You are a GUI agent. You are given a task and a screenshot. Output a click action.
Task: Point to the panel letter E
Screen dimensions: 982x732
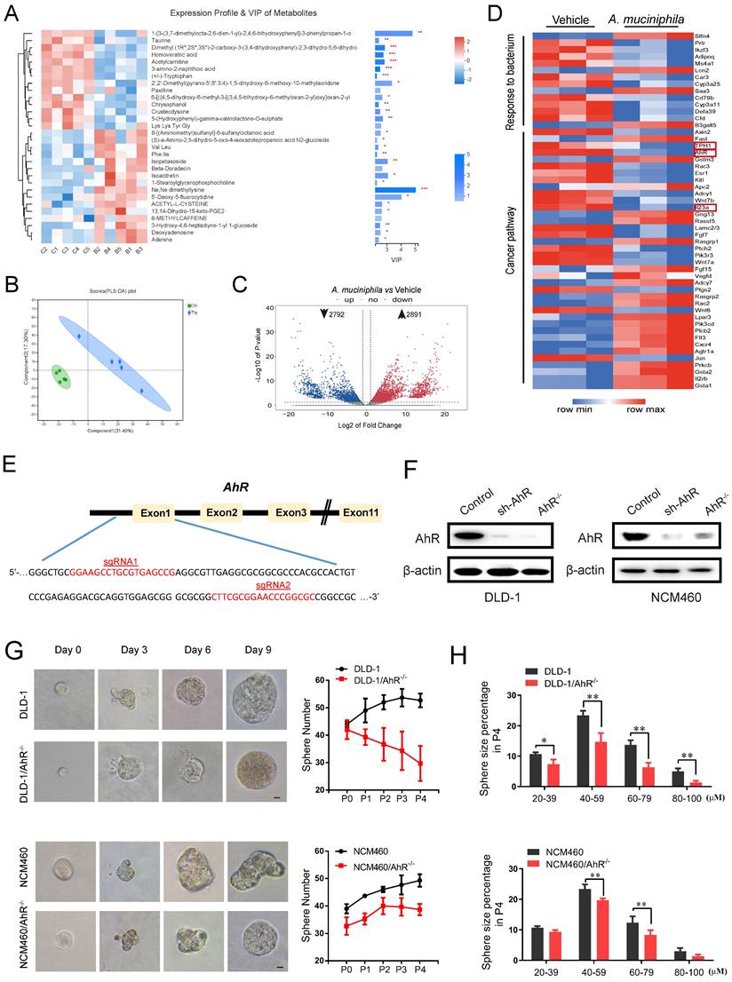coord(9,462)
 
